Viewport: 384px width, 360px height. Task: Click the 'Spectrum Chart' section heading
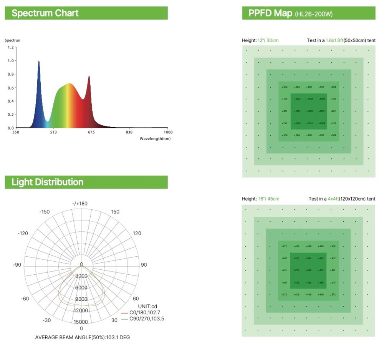(x=45, y=13)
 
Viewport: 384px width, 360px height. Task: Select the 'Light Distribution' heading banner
(x=47, y=182)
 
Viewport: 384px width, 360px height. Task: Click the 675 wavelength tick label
(x=91, y=133)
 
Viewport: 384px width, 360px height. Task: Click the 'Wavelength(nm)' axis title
(x=155, y=139)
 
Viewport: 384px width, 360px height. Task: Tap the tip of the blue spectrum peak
(x=39, y=61)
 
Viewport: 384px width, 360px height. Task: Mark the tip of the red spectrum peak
(x=89, y=76)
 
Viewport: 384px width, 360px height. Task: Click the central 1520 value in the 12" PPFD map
(x=310, y=111)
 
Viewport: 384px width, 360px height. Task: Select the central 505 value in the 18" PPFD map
(x=309, y=270)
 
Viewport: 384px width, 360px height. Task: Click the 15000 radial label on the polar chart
(x=81, y=322)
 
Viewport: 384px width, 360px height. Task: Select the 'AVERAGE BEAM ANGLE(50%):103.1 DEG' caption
(x=85, y=337)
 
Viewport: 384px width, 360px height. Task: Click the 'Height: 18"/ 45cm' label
(x=260, y=199)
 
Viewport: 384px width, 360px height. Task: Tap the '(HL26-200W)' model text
(x=313, y=14)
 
